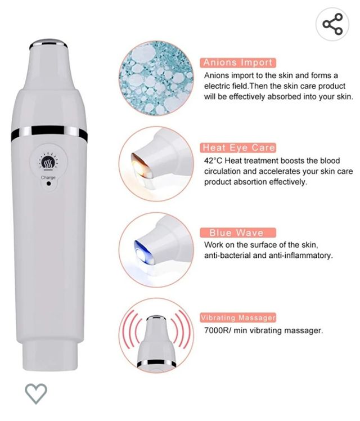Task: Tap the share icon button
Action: [332, 24]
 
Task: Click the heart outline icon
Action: [36, 393]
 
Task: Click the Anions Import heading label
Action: [238, 62]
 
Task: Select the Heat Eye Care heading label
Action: [238, 147]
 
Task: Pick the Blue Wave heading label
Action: [238, 232]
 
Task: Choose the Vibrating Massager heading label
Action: [238, 317]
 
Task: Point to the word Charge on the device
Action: [48, 177]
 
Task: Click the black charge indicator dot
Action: [48, 183]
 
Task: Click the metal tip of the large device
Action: [48, 43]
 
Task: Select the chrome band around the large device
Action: [49, 133]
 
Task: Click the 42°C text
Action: [213, 161]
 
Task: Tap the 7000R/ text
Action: [217, 330]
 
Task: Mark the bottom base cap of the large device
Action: [49, 356]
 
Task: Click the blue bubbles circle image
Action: [156, 78]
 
